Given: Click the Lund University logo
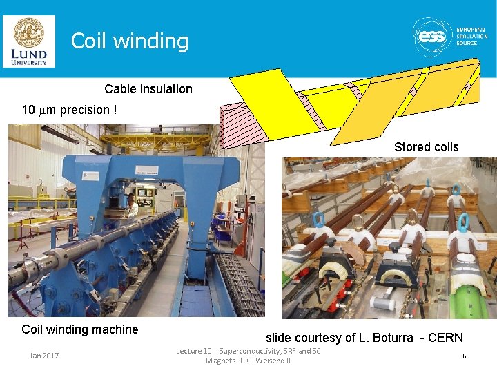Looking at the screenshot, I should [x=28, y=41].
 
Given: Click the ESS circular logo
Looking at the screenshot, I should [x=433, y=35].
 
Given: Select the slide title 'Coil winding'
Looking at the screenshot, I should [x=129, y=41].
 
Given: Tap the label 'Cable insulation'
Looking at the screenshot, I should [x=148, y=89].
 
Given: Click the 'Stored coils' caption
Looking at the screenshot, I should [x=426, y=146].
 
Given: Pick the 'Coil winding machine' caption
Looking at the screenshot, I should [x=80, y=329].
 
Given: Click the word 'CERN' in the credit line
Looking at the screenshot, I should [x=446, y=338].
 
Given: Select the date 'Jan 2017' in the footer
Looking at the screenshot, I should [x=44, y=356].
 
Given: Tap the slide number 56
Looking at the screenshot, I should [x=462, y=356].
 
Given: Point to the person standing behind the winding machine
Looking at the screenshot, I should [x=132, y=206].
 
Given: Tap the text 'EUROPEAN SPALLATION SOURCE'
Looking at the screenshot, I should [x=471, y=36].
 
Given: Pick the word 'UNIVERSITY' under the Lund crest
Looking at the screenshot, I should [x=28, y=63].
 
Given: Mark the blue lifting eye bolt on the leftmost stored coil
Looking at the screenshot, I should [x=318, y=220].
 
